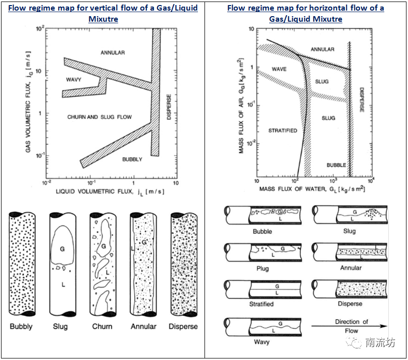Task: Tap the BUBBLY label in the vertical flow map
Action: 132,159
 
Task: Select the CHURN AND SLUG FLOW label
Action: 99,117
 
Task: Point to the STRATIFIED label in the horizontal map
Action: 282,131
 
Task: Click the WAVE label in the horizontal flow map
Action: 279,69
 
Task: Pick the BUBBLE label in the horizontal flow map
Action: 336,165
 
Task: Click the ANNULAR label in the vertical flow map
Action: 113,53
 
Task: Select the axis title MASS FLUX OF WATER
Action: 312,188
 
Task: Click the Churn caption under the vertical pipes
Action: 102,326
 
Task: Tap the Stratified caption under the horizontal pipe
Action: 262,304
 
